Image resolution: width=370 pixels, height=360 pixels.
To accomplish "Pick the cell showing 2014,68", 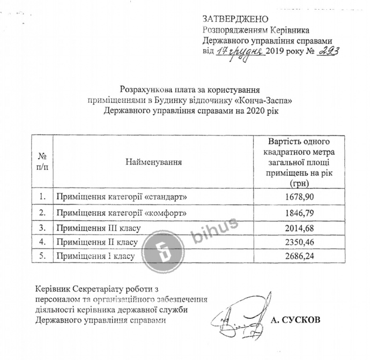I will pos(298,228).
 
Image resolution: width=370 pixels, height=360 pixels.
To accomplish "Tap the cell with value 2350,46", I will pos(298,242).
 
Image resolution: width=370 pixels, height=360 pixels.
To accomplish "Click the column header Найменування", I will pos(153,161).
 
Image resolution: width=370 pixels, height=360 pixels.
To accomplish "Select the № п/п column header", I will pos(42,161).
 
